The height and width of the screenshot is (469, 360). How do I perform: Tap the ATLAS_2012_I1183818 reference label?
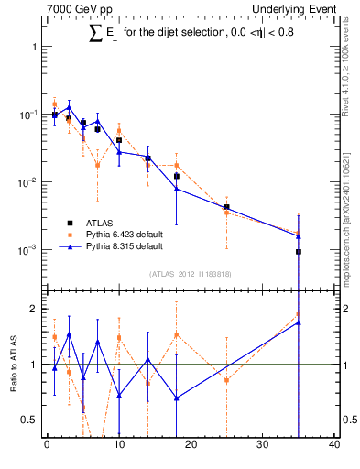coord(191,273)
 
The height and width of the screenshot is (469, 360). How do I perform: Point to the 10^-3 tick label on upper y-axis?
coord(27,250)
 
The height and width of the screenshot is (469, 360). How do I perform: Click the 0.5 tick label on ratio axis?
coord(30,420)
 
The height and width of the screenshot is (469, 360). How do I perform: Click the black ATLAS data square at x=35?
coord(299,251)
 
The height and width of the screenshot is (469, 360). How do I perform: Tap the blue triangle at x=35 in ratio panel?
coord(299,322)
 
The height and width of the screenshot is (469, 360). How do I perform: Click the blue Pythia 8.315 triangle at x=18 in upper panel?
coord(176,190)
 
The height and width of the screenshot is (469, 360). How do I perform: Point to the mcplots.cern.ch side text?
coord(349,220)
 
